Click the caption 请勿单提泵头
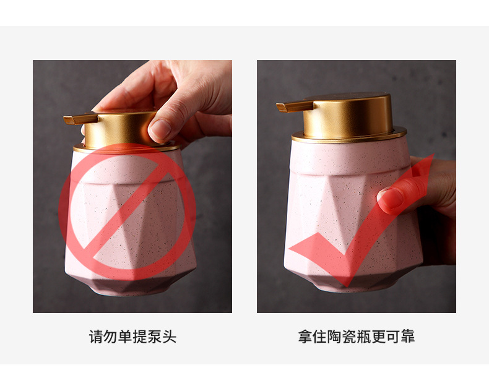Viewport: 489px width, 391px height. pos(132,337)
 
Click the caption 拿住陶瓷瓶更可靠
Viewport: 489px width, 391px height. pos(356,337)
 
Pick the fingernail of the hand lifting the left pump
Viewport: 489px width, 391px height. pos(160,129)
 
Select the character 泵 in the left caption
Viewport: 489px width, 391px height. pos(155,337)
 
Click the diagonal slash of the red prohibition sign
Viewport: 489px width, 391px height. pos(127,210)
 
